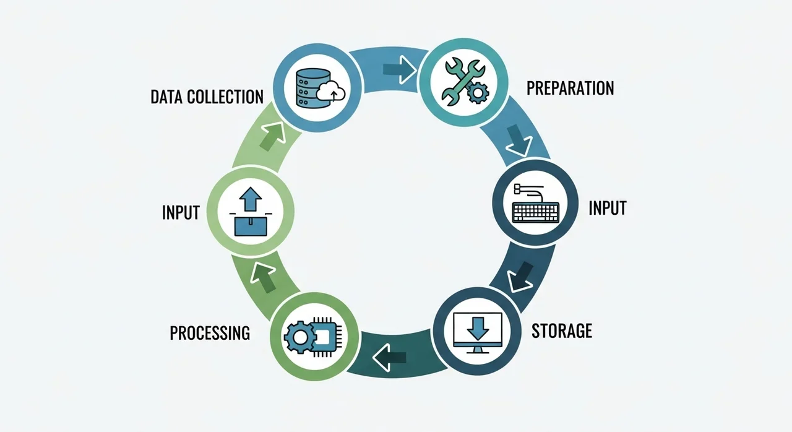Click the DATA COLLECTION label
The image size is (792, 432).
207,97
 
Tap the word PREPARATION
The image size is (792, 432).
570,88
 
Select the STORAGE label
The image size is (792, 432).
562,330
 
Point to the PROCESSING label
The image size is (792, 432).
210,333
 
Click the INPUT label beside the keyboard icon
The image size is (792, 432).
607,207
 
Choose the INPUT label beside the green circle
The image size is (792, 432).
181,212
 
